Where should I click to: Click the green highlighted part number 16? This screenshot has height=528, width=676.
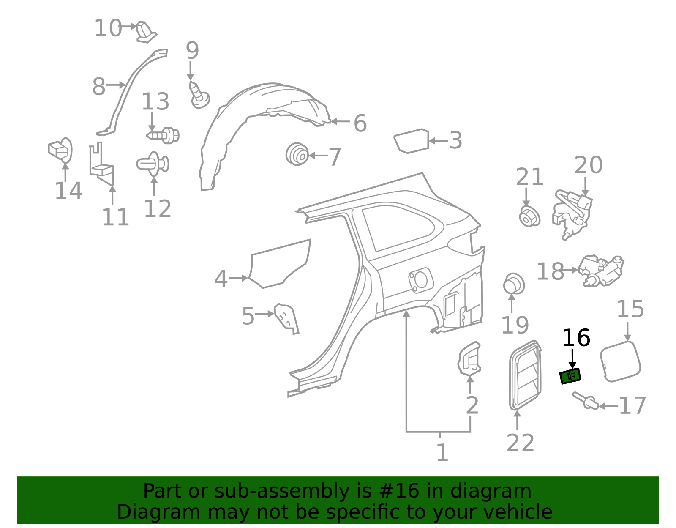[x=570, y=376]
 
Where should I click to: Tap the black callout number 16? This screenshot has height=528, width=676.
[x=576, y=338]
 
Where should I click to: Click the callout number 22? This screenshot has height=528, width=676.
[x=520, y=443]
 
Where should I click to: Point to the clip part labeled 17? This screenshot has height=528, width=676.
[x=586, y=400]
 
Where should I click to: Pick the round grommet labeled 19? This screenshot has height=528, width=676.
[x=514, y=284]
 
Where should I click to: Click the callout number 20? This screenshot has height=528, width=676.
[x=588, y=165]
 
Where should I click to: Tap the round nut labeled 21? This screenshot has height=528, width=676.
[x=529, y=216]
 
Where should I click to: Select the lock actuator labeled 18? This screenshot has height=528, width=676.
[x=600, y=271]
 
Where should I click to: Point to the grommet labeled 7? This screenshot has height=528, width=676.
[x=297, y=154]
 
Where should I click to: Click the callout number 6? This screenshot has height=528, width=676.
[x=360, y=123]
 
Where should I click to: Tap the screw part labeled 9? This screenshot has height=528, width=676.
[x=199, y=95]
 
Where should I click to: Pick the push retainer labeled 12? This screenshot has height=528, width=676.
[x=153, y=164]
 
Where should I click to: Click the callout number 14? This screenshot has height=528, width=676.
[x=68, y=191]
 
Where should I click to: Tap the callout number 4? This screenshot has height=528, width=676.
[x=221, y=279]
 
